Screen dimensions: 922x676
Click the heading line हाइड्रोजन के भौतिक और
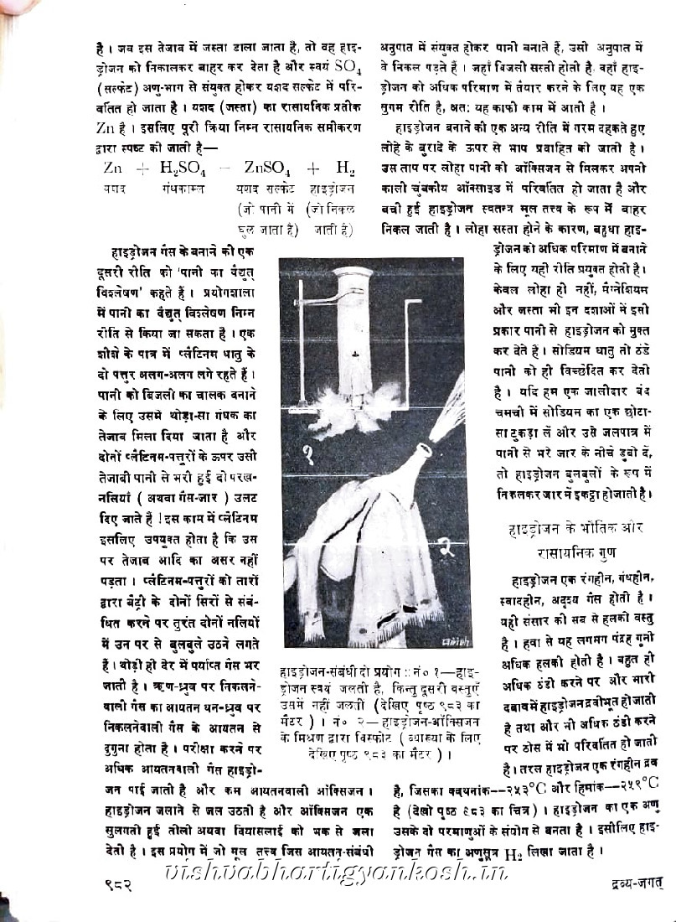[x=576, y=531]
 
